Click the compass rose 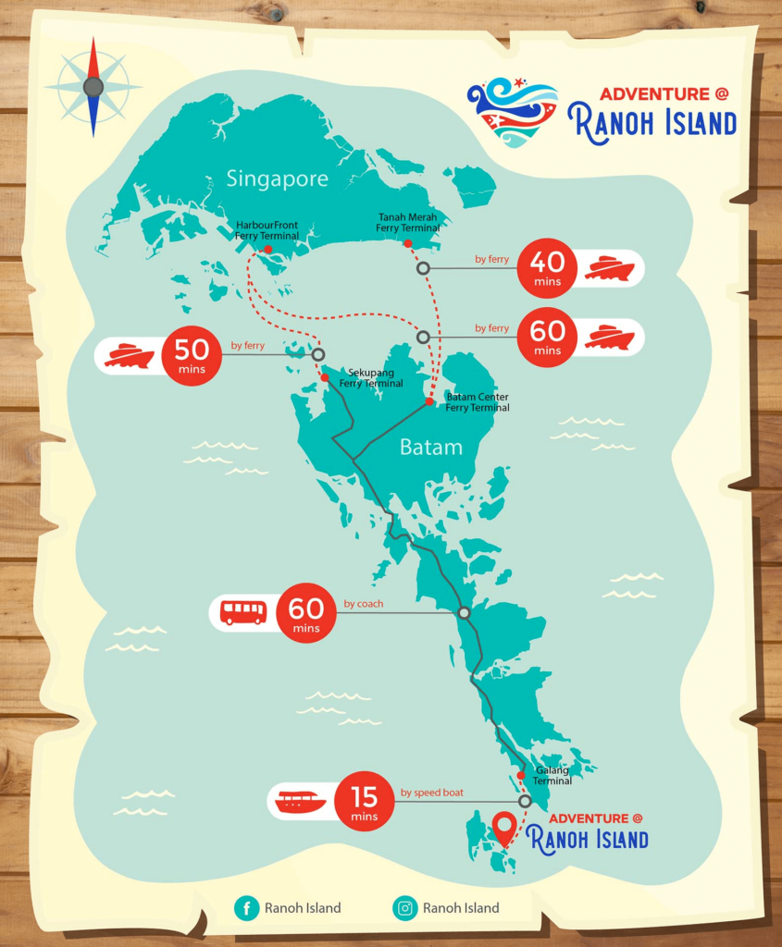click(x=93, y=87)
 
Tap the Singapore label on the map click(x=277, y=178)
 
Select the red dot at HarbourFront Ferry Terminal click(x=267, y=250)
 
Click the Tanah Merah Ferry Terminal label click(x=407, y=222)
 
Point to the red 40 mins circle click(x=547, y=267)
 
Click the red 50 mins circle click(x=192, y=355)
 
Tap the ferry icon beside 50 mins click(x=129, y=356)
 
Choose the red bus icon click(x=242, y=611)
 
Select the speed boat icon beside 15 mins click(x=301, y=801)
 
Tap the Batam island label click(x=430, y=448)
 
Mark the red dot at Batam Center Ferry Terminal click(x=429, y=402)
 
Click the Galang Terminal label click(x=552, y=775)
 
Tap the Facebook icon click(x=247, y=908)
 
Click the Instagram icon click(x=405, y=908)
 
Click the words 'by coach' click(x=363, y=604)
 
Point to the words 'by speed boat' click(x=431, y=793)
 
